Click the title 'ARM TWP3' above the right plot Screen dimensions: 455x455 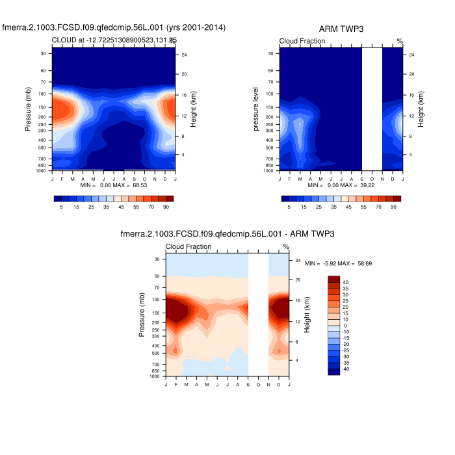pos(341,29)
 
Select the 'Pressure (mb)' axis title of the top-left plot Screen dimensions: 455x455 pos(29,110)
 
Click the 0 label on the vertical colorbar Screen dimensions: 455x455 pos(345,325)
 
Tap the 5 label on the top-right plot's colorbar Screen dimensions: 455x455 pos(289,206)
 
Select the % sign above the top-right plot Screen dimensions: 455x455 pos(400,42)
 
